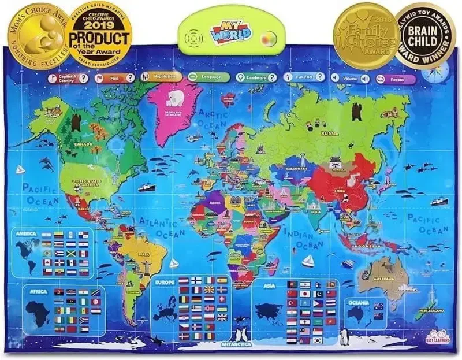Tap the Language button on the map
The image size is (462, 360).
(x=205, y=77)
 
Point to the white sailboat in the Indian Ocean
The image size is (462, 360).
(x=307, y=261)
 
